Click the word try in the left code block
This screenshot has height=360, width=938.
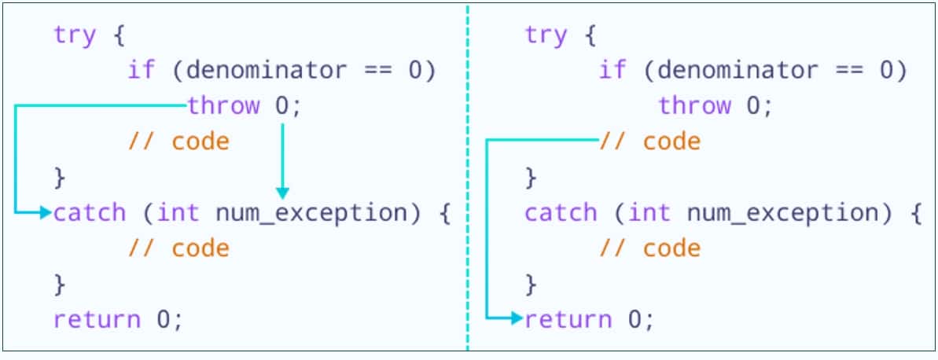74,35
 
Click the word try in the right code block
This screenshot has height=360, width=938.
546,35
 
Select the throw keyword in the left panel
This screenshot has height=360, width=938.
224,106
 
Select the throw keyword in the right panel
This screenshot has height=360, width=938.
694,106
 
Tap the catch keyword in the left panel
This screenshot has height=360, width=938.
90,213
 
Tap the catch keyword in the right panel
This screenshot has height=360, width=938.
561,213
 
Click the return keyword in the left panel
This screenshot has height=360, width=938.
97,319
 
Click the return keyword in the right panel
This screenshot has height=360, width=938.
568,319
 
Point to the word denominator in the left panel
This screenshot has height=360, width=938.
267,71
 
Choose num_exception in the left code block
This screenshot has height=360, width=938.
311,214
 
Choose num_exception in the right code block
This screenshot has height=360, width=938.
782,214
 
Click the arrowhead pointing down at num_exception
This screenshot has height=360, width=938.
282,193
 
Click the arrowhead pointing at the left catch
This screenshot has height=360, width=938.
46,212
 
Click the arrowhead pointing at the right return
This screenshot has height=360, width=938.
517,319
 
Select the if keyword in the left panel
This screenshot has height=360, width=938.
142,71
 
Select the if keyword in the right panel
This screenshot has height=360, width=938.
612,71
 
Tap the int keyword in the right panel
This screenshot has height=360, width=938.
649,213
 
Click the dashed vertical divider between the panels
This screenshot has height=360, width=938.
467,177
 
